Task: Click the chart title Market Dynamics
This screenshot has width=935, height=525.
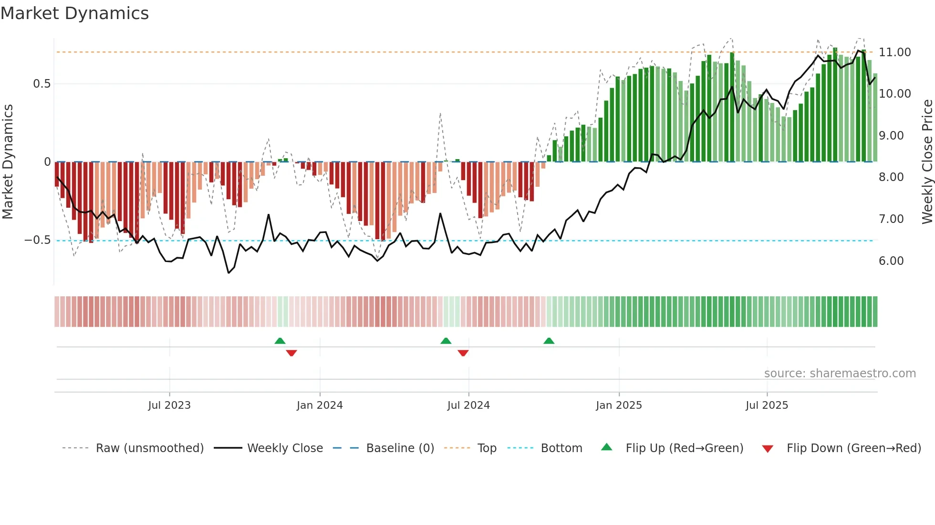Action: [x=74, y=13]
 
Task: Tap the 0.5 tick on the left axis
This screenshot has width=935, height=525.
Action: [x=42, y=84]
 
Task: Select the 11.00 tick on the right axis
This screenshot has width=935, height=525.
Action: [x=894, y=52]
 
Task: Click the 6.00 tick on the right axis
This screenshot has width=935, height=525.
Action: [x=891, y=261]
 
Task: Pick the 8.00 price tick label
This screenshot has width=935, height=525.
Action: [x=891, y=177]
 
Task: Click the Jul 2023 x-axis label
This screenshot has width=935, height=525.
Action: [x=169, y=405]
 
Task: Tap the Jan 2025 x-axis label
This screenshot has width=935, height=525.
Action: [x=619, y=405]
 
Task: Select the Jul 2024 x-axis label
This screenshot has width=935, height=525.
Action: [x=468, y=405]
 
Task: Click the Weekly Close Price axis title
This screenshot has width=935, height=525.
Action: [x=927, y=162]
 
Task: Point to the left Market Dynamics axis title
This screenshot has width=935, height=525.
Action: [x=8, y=162]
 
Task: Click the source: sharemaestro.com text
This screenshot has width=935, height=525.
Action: [x=840, y=374]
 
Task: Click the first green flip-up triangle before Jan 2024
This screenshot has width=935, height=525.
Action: [x=280, y=341]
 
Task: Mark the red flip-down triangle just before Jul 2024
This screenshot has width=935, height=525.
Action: [x=463, y=353]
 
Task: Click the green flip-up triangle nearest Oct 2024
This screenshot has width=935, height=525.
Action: [x=549, y=341]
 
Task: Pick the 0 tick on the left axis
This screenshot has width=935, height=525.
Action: [x=47, y=162]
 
